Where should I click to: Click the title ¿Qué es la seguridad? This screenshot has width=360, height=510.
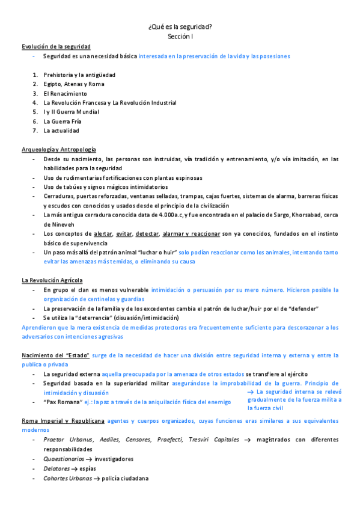click(180, 27)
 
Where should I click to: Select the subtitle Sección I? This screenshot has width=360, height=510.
click(180, 37)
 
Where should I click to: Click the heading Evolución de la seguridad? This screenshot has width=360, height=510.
click(56, 46)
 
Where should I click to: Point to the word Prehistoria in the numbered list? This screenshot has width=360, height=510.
click(59, 75)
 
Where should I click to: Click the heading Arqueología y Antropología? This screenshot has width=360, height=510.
click(59, 149)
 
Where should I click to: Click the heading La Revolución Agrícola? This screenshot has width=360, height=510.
click(52, 280)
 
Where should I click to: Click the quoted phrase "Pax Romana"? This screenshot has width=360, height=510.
click(63, 402)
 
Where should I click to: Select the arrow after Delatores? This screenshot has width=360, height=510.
click(75, 469)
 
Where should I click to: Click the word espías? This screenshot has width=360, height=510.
click(89, 469)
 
